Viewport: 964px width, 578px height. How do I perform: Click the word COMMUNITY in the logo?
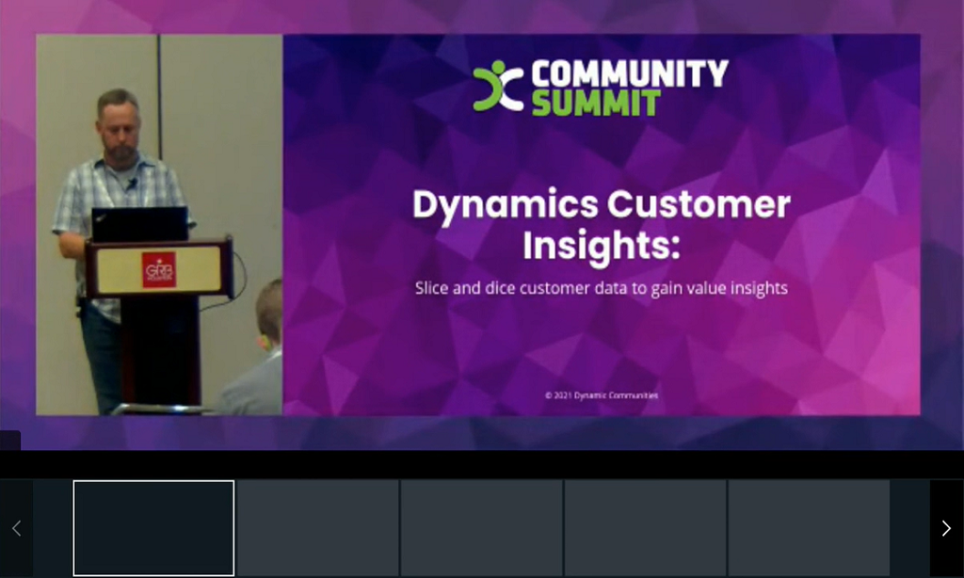pyautogui.click(x=629, y=74)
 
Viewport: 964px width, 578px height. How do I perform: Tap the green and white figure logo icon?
pyautogui.click(x=498, y=86)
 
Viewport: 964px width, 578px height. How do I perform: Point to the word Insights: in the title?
pyautogui.click(x=601, y=246)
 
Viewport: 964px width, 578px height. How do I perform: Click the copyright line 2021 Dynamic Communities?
pyautogui.click(x=602, y=395)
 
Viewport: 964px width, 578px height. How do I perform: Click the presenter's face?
pyautogui.click(x=120, y=127)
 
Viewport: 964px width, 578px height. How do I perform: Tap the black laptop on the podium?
pyautogui.click(x=139, y=224)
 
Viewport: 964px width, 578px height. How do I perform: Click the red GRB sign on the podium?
pyautogui.click(x=158, y=269)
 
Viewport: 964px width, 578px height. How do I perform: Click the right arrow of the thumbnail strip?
pyautogui.click(x=946, y=529)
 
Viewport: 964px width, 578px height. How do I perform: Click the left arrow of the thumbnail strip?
pyautogui.click(x=16, y=529)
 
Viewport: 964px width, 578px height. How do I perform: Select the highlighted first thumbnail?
pyautogui.click(x=153, y=527)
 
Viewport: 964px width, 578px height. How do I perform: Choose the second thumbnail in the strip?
pyautogui.click(x=317, y=527)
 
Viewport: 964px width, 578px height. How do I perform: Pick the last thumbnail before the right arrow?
pyautogui.click(x=809, y=527)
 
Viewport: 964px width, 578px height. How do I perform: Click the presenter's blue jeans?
pyautogui.click(x=102, y=358)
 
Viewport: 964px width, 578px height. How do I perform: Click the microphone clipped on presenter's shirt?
pyautogui.click(x=133, y=183)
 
